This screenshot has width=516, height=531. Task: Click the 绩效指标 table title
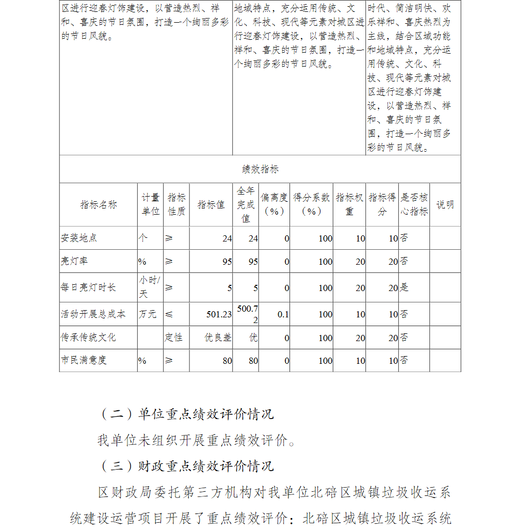(x=260, y=169)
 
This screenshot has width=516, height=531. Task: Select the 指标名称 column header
(x=98, y=204)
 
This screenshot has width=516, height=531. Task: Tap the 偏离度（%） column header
(x=274, y=204)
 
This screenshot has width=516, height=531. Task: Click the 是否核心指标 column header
(x=414, y=204)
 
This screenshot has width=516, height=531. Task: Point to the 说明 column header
(x=445, y=204)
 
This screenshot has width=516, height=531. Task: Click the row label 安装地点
(x=78, y=238)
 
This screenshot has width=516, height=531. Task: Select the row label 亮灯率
(x=74, y=261)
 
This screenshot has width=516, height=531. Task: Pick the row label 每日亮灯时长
(x=88, y=287)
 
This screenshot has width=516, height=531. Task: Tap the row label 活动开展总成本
(x=92, y=314)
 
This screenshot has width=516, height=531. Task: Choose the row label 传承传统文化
(x=88, y=337)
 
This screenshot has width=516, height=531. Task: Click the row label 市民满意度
(x=83, y=360)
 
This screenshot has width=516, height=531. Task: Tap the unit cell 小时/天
(x=150, y=287)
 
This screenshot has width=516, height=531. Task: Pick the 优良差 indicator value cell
(x=218, y=337)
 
